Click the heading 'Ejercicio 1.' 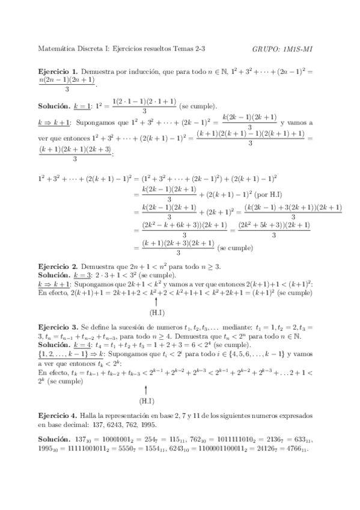pos(56,71)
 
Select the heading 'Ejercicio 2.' pos(56,265)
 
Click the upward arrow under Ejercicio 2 pos(156,301)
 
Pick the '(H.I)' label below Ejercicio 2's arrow pos(156,313)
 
